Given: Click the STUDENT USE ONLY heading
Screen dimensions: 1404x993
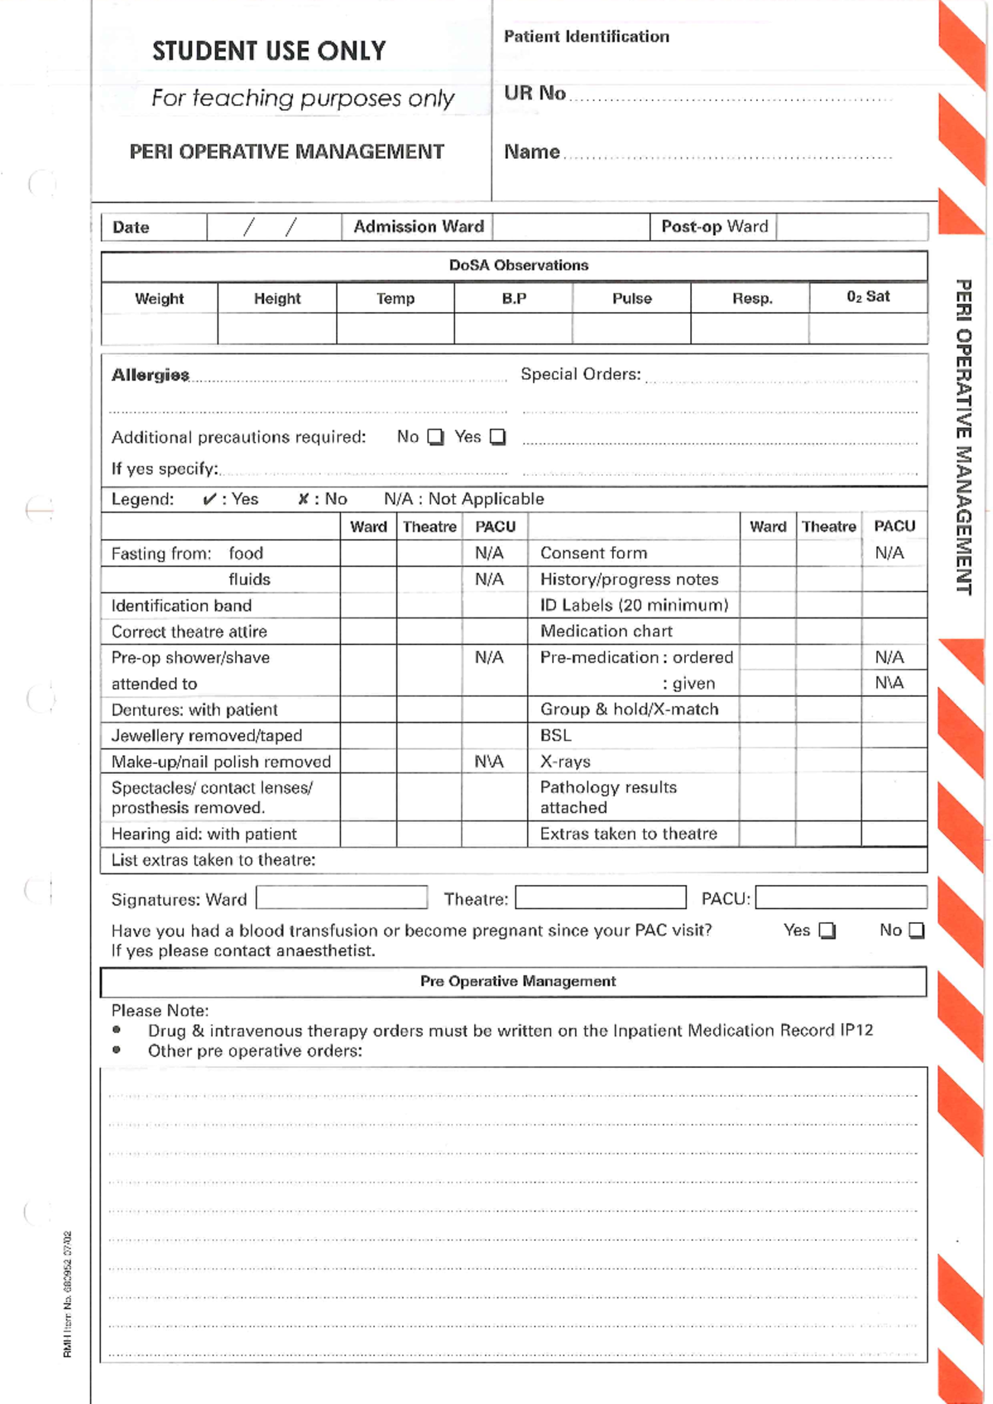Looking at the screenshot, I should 269,51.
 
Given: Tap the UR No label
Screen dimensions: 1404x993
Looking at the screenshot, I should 535,93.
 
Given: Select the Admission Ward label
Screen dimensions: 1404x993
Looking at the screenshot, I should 418,227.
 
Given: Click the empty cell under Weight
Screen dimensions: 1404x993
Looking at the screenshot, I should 160,329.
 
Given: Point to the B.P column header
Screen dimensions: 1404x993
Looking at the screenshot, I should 514,298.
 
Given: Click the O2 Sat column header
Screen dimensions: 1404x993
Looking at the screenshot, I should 868,296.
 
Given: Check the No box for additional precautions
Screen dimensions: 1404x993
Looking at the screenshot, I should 435,437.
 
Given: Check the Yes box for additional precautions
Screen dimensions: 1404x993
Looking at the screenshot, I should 497,437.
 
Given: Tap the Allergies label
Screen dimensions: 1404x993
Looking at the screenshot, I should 151,375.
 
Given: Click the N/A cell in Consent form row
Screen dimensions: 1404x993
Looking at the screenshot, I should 890,553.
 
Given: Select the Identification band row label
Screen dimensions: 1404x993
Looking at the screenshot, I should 181,605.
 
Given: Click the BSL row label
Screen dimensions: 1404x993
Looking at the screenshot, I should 555,735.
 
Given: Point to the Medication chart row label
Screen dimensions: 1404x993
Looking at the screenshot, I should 606,631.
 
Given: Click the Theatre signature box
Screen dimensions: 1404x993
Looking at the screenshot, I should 601,897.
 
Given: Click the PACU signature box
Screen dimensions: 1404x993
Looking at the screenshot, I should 841,897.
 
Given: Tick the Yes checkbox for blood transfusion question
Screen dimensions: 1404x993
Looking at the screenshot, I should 827,930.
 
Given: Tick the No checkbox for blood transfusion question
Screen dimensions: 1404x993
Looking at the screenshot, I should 916,930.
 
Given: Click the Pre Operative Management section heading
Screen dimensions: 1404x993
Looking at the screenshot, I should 518,981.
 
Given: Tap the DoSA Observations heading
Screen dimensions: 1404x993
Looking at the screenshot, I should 519,265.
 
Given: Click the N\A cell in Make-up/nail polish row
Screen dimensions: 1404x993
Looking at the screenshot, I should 489,761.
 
